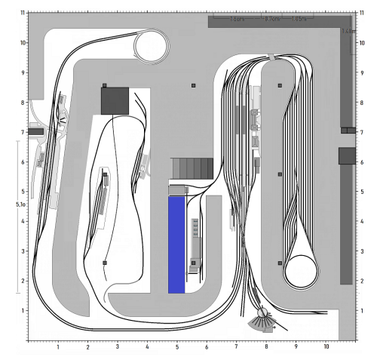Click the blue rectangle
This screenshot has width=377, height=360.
(176, 245)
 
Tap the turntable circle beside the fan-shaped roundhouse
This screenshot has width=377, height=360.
(262, 312)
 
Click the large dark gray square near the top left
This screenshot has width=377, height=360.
(115, 100)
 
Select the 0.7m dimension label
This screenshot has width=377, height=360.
(271, 18)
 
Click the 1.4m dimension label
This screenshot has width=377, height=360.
(348, 32)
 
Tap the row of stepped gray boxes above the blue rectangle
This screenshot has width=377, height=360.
(193, 167)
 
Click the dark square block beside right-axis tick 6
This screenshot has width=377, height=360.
(346, 155)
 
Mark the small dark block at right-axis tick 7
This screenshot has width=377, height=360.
(347, 131)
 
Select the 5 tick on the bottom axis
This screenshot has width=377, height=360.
(177, 347)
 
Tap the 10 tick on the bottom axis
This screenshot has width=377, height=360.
(326, 347)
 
